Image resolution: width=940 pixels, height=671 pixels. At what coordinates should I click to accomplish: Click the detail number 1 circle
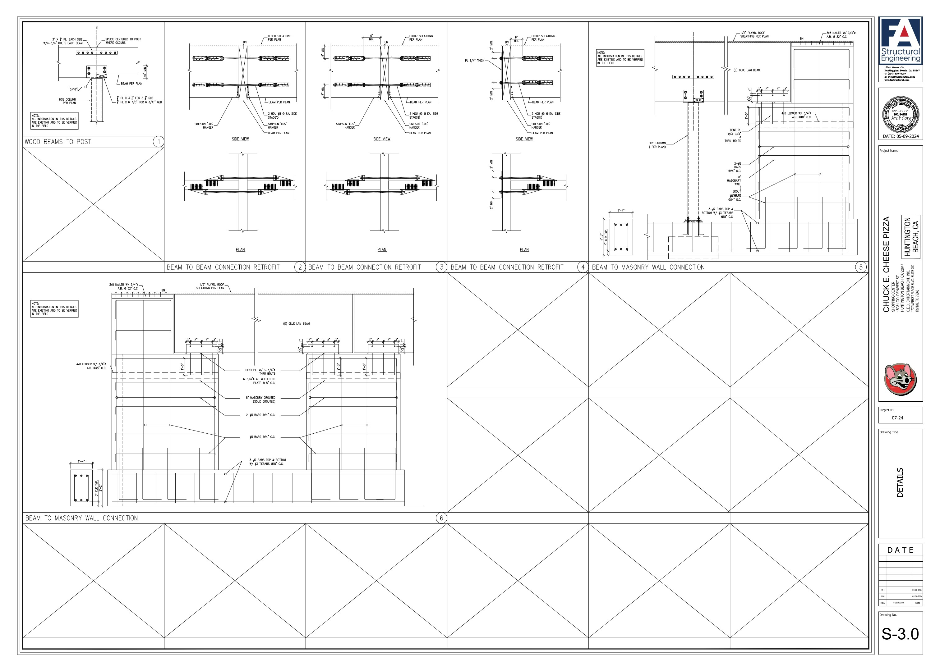(x=158, y=142)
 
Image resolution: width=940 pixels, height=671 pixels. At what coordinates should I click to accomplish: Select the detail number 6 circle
(x=441, y=518)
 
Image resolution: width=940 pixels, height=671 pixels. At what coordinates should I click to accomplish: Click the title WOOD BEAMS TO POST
(x=58, y=142)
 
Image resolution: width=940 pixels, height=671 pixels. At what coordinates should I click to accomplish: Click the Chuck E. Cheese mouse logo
(x=900, y=380)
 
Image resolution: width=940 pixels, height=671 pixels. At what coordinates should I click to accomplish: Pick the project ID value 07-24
(x=897, y=418)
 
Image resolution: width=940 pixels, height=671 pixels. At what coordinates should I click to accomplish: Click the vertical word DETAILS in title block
(x=900, y=482)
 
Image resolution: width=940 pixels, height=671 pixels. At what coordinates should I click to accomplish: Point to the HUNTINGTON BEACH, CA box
(x=911, y=237)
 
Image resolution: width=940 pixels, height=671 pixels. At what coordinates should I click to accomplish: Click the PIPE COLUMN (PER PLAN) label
(x=657, y=145)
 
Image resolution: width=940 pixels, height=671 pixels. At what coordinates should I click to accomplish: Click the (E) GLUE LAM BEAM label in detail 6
(x=296, y=323)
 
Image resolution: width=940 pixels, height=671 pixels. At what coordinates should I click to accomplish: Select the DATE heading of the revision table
(x=900, y=550)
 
